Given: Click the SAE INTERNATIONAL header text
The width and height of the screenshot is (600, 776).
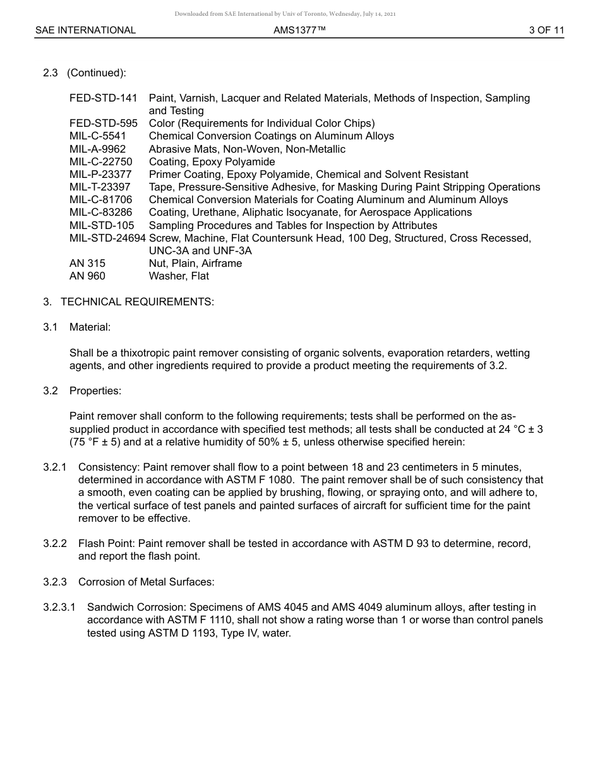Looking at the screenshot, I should coord(85,30).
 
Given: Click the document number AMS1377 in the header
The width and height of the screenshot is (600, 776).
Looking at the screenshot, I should coord(299,30).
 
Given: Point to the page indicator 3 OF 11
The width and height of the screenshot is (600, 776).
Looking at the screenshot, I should coord(546,30).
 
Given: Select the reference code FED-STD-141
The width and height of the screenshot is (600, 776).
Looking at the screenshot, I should coord(103,98).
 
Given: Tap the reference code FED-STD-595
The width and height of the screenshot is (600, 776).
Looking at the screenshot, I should coord(103,124).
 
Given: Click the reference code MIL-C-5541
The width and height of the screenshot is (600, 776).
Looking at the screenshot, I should coord(98,136).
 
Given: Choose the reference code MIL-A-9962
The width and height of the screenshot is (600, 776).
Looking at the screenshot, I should coord(97,150).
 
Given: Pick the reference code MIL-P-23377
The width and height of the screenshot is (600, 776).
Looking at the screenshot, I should coord(100,175).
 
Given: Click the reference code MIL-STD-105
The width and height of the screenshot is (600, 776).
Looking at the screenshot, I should coord(102,225).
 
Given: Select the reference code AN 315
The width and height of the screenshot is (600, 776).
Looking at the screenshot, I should coord(87,264).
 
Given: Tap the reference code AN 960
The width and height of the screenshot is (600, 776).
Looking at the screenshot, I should coord(87,276).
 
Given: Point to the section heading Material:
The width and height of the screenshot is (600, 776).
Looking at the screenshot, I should coord(90,327).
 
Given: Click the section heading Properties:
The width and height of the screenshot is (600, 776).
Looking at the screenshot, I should coord(95,391).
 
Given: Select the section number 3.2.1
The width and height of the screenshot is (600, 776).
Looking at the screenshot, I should coord(55,467).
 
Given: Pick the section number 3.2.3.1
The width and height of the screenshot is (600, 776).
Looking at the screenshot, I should coord(59,608).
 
